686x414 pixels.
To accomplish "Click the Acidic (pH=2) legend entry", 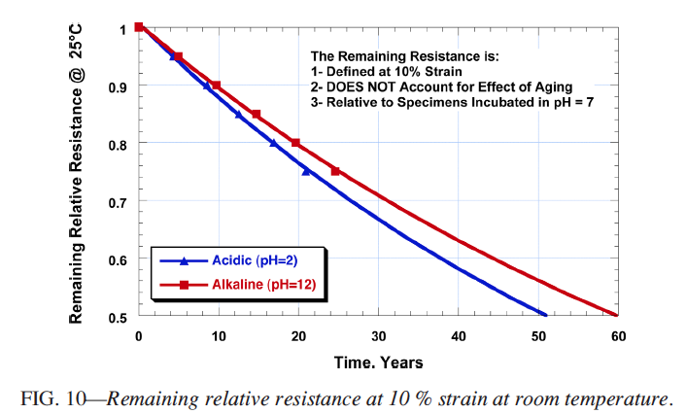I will (244, 260).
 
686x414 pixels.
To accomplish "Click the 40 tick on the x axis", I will (458, 336).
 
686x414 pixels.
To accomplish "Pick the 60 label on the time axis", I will (616, 336).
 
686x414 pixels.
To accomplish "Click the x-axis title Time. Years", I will (379, 362).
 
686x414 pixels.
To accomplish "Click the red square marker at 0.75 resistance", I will (336, 171).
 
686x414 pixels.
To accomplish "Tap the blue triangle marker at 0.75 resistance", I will (306, 171).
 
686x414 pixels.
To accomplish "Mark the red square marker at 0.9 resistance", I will (217, 86).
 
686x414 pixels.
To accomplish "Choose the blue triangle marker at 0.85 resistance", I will (239, 115).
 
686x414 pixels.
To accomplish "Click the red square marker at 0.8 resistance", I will (295, 143).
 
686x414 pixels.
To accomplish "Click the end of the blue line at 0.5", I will (546, 315).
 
